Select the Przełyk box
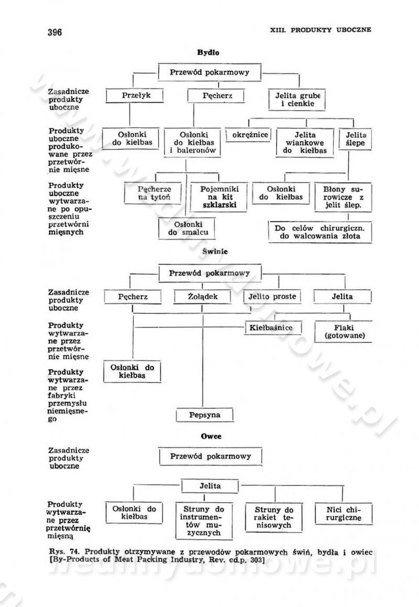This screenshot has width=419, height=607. tap(134, 96)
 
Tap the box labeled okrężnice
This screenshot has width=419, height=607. tap(250, 135)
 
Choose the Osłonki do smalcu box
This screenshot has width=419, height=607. tap(187, 229)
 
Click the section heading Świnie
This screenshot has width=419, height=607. tap(208, 252)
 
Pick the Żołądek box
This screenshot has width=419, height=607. tap(202, 297)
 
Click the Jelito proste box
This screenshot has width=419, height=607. tap(273, 297)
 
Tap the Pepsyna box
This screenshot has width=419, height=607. tap(204, 415)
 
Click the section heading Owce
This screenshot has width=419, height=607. tap(208, 436)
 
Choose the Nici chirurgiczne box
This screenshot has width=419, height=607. tap(344, 513)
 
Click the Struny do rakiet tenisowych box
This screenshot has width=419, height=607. tap(274, 517)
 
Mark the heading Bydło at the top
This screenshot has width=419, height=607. tap(208, 52)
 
